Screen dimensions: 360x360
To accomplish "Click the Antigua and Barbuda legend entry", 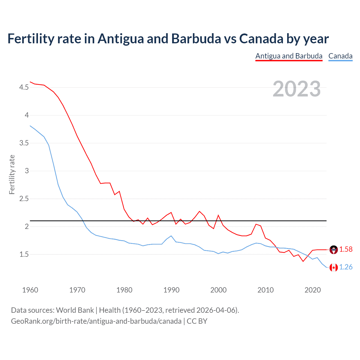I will (x=289, y=56).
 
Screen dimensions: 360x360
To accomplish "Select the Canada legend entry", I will (x=340, y=56).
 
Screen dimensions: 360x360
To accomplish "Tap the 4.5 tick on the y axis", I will (x=24, y=87).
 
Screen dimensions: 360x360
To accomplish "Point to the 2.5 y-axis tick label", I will (x=24, y=199).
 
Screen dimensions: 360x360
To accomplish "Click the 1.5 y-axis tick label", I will (x=24, y=255).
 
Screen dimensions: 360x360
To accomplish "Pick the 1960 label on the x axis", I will (x=30, y=290).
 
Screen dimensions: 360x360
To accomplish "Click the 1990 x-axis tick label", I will (x=171, y=290).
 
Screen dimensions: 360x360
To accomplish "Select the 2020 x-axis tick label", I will (x=312, y=290).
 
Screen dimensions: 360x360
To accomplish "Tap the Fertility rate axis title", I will (x=12, y=174).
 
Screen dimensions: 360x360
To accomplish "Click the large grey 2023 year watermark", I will (x=296, y=89).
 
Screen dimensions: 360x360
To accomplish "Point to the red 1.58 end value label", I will (x=346, y=249).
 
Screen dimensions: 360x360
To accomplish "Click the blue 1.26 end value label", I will (x=346, y=267).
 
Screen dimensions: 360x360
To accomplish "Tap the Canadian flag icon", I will (x=334, y=267).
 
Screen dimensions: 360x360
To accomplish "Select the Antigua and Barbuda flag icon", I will (x=334, y=250).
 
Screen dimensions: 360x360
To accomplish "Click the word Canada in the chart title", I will (x=261, y=39).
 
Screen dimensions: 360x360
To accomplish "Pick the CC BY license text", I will (x=197, y=321).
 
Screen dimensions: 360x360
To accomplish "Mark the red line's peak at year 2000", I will (x=218, y=215).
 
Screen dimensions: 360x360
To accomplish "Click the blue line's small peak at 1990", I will (x=171, y=236).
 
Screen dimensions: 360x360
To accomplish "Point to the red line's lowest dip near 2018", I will (x=303, y=261).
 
